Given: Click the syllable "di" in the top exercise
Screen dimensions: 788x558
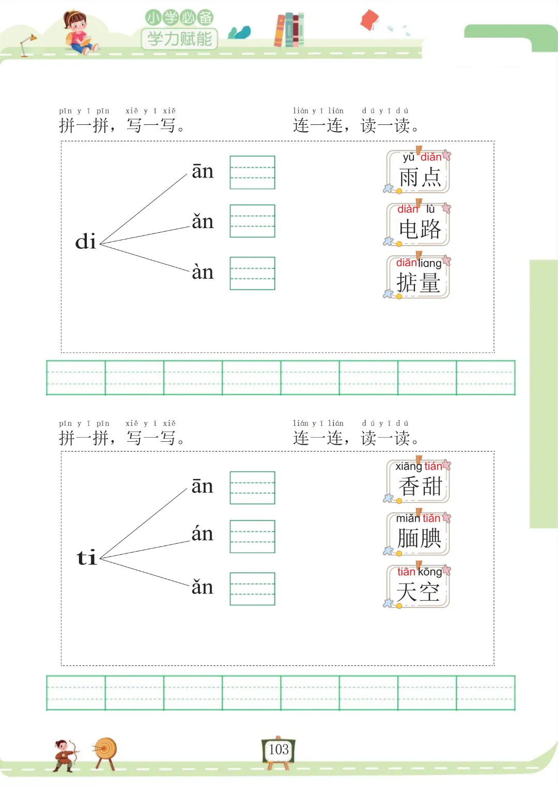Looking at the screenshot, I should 86,242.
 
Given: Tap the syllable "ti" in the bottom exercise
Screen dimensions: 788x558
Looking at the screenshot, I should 87,557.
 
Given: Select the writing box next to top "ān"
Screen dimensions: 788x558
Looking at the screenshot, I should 252,172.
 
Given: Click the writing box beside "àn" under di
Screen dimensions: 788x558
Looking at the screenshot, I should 252,273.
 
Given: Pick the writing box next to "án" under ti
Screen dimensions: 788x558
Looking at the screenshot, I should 252,536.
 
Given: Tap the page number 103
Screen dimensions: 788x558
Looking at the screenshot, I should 278,749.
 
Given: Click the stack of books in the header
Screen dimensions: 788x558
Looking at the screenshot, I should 289,30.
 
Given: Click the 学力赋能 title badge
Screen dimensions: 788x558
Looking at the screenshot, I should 179,38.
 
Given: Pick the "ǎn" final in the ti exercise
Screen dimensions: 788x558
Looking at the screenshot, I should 203,587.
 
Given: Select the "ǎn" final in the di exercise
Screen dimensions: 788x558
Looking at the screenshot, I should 203,221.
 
